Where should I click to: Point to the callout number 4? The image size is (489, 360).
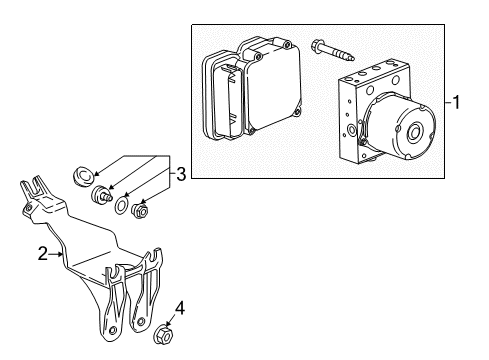(180, 307)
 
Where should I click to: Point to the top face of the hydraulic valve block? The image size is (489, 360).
(379, 80)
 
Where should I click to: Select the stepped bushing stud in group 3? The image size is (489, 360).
(99, 193)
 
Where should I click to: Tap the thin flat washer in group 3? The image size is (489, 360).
(120, 205)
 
